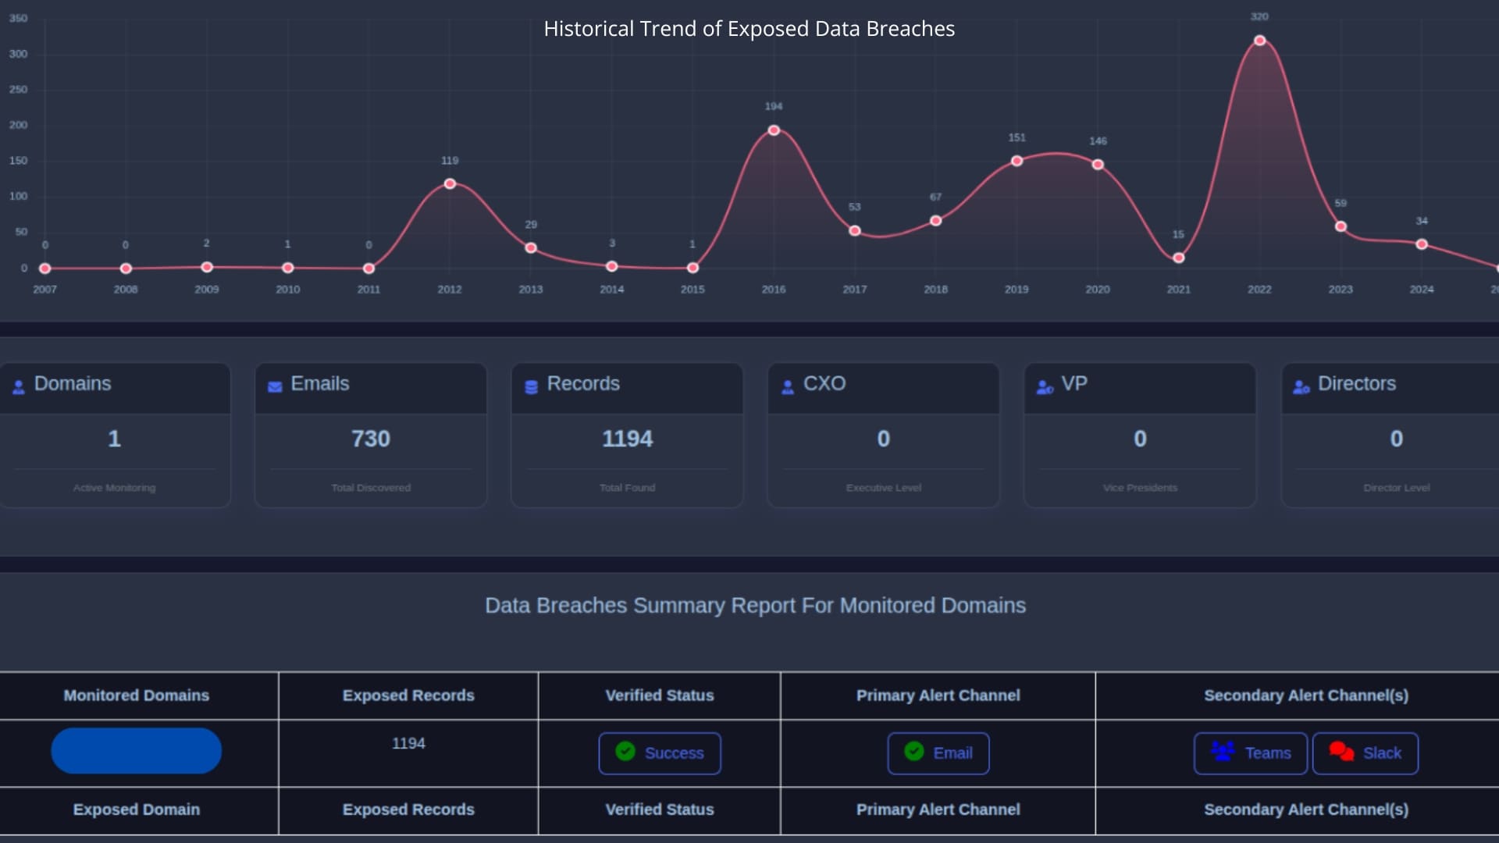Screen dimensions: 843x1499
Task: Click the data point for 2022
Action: tap(1259, 41)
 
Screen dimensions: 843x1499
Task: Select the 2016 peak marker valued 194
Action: tap(774, 130)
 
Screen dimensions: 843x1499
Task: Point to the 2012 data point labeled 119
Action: tap(450, 184)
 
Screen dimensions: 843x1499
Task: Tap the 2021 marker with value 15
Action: tap(1179, 258)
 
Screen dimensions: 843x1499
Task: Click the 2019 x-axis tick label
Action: tap(1017, 290)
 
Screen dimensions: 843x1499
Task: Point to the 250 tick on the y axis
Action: tap(18, 90)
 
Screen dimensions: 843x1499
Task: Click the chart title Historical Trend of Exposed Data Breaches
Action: tap(749, 29)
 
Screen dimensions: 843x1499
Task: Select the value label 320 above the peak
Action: tap(1259, 16)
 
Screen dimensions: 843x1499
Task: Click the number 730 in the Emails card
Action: tap(370, 439)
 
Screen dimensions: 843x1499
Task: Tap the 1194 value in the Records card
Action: tap(627, 439)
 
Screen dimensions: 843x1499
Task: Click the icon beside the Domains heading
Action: tap(19, 386)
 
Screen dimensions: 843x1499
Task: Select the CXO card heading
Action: tap(824, 384)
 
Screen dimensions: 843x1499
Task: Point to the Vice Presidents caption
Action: tap(1140, 488)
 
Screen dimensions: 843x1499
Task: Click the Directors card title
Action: tap(1356, 384)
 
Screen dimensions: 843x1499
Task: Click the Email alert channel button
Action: tap(938, 753)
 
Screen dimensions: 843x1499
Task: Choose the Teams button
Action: tap(1250, 753)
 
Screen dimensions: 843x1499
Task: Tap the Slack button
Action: tap(1365, 753)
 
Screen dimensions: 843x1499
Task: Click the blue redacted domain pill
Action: tap(137, 751)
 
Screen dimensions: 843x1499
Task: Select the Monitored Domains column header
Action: tap(137, 695)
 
